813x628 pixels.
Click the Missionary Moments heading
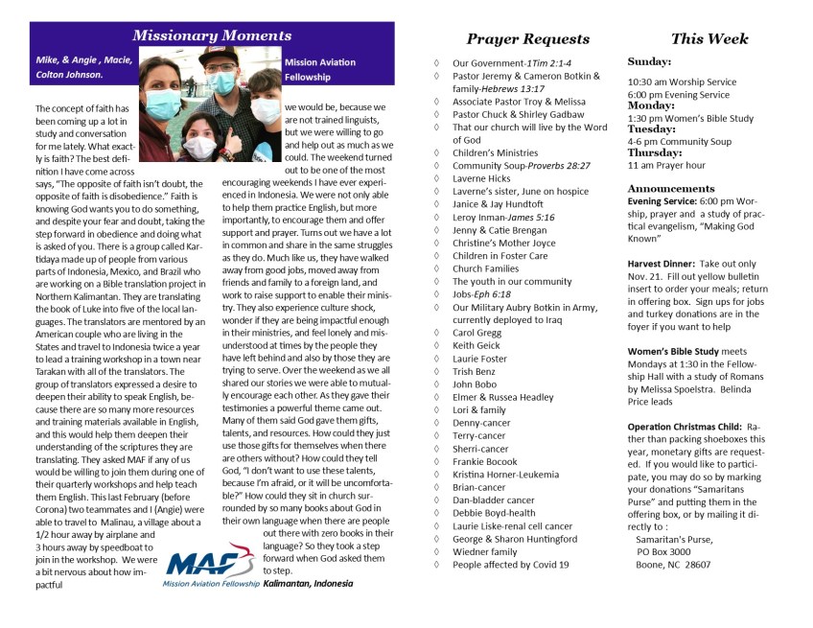[212, 35]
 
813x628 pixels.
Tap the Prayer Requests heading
[527, 39]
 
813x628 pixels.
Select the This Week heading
[709, 39]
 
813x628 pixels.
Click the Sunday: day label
[650, 62]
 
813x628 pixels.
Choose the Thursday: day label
[656, 152]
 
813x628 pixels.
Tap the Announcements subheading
[671, 188]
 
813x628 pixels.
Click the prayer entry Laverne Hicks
[481, 178]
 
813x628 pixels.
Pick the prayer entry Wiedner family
[485, 551]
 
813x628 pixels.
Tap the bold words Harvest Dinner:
[660, 263]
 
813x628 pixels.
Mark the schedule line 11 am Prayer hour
[666, 165]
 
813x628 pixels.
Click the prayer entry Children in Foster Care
[499, 256]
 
